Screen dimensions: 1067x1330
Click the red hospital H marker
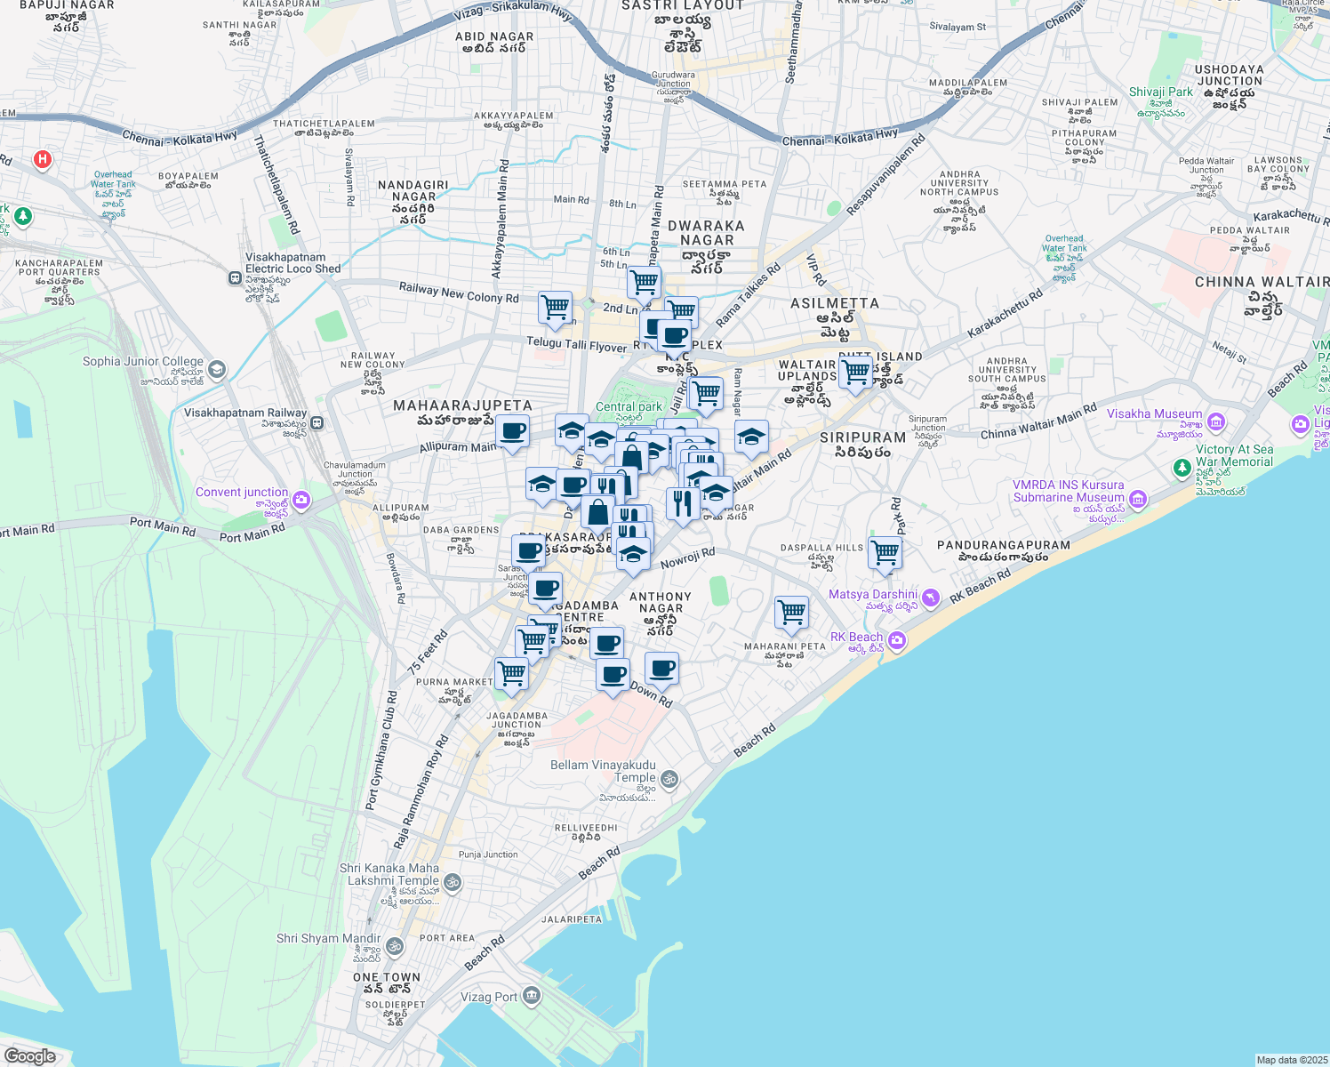click(42, 160)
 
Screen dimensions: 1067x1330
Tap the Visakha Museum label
click(1154, 414)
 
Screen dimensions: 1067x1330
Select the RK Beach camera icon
click(896, 640)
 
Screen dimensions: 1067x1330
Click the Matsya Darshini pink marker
click(930, 598)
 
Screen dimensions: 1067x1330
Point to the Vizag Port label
click(488, 997)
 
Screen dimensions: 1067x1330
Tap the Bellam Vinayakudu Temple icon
click(669, 780)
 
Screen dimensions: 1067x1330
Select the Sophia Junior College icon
click(217, 369)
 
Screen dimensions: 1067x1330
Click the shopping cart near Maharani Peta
click(791, 612)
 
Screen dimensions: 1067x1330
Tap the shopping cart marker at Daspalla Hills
click(885, 553)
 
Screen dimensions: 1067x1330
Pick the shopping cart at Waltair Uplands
click(855, 371)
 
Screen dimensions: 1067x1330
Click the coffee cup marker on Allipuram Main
click(512, 431)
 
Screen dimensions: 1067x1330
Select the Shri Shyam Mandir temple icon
click(395, 946)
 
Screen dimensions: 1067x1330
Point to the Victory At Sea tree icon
click(1182, 467)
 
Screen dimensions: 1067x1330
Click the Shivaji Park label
click(1160, 92)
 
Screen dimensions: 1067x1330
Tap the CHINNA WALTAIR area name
click(1261, 283)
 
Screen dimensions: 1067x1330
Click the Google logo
click(29, 1056)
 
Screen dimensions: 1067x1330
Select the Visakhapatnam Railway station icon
click(317, 423)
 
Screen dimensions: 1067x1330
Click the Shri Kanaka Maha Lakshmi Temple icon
click(452, 882)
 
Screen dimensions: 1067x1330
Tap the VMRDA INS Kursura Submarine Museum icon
click(1138, 501)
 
